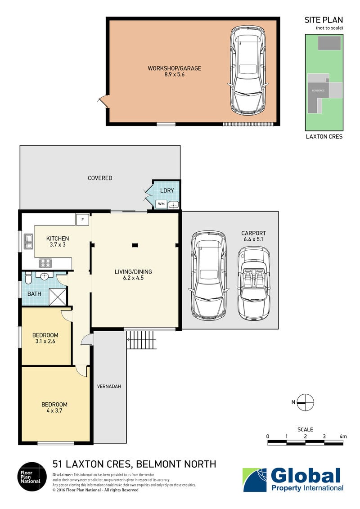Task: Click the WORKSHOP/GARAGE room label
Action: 175,68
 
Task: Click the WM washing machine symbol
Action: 161,204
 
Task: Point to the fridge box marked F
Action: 82,220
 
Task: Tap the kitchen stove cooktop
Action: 45,262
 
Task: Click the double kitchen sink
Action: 28,242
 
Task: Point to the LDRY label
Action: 167,191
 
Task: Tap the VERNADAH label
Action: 109,387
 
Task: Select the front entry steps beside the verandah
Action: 142,340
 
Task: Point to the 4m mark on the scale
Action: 343,436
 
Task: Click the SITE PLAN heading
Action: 324,20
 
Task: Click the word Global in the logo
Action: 306,476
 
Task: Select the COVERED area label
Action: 100,178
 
